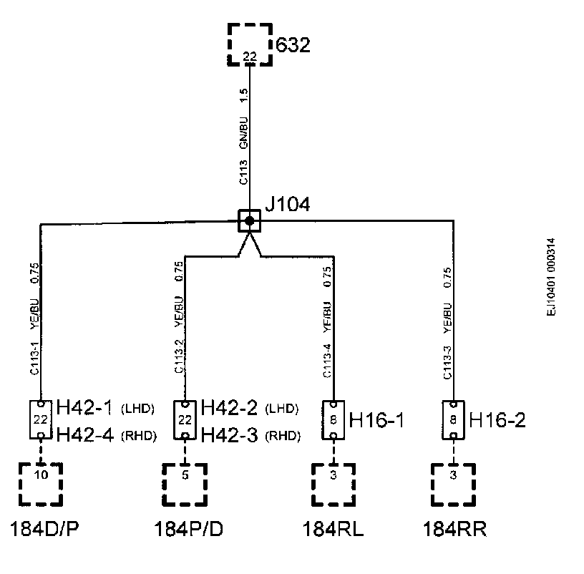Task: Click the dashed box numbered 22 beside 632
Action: (250, 44)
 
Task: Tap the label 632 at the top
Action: (294, 47)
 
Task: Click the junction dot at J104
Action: (249, 221)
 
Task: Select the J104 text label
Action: (287, 205)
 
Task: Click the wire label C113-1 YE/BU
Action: (35, 322)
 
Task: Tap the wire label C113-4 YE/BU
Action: (327, 322)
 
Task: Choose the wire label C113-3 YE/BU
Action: (447, 322)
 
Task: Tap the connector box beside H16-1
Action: (334, 419)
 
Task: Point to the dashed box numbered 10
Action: (41, 485)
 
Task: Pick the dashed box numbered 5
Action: (185, 485)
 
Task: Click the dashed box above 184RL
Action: (334, 485)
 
